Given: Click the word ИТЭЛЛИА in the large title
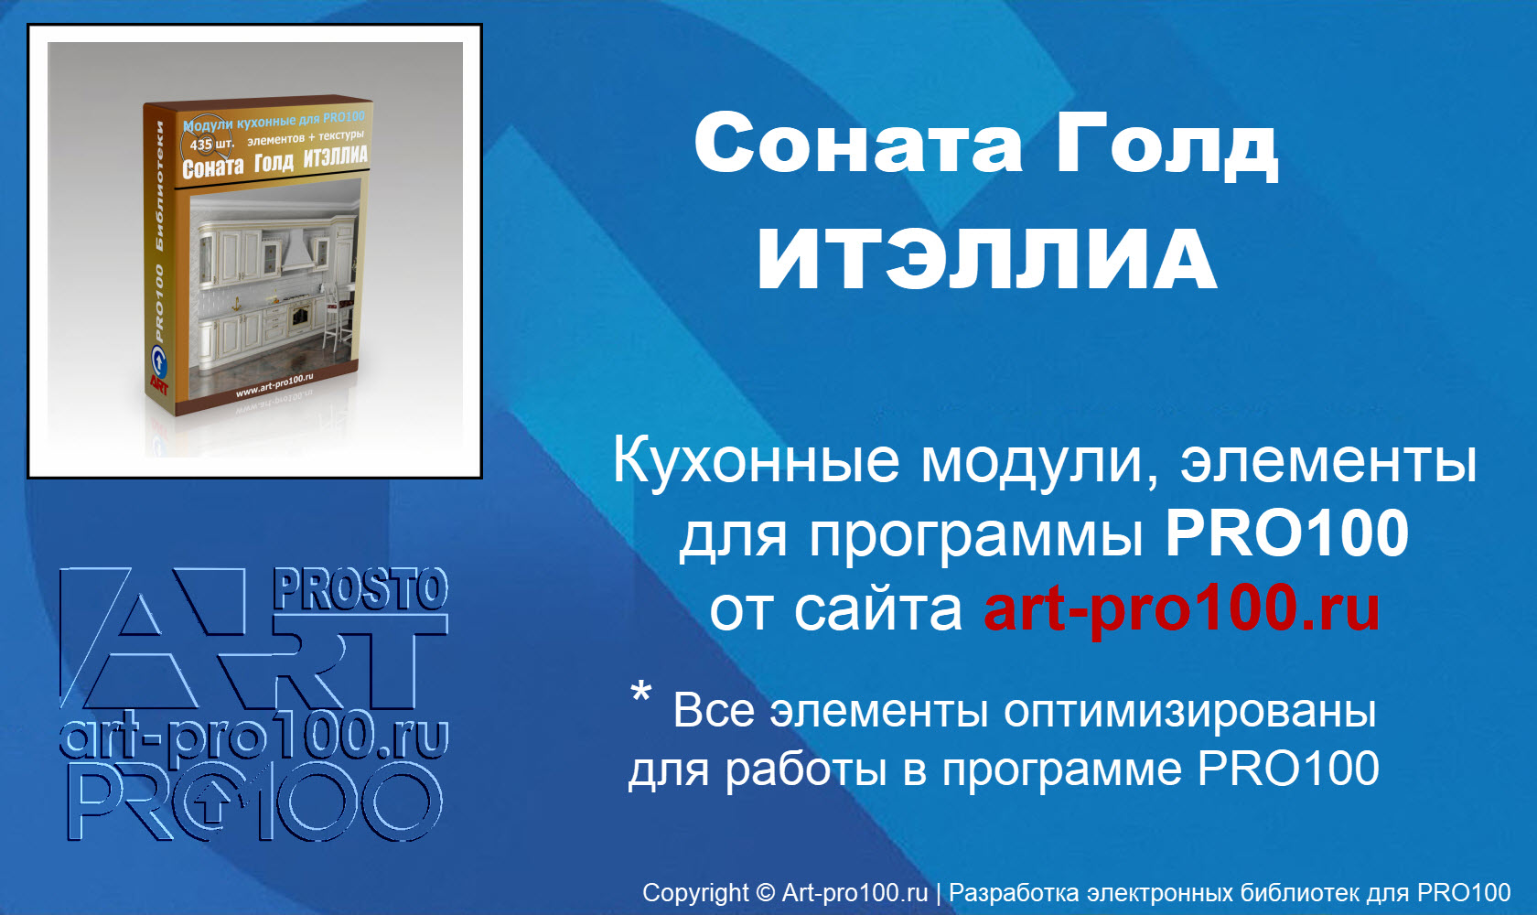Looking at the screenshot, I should [986, 259].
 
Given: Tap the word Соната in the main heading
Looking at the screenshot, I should [857, 145].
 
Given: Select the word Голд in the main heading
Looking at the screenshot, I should [1166, 145].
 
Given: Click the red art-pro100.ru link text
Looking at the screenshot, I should [1181, 608].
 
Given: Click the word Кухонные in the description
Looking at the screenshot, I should [757, 460].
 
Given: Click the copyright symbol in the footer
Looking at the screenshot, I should [765, 893].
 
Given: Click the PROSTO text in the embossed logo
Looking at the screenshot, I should [360, 589].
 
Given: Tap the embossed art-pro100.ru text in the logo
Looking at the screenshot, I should [253, 737].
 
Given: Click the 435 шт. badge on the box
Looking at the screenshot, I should [210, 145].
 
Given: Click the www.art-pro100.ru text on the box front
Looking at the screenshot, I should [274, 385].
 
